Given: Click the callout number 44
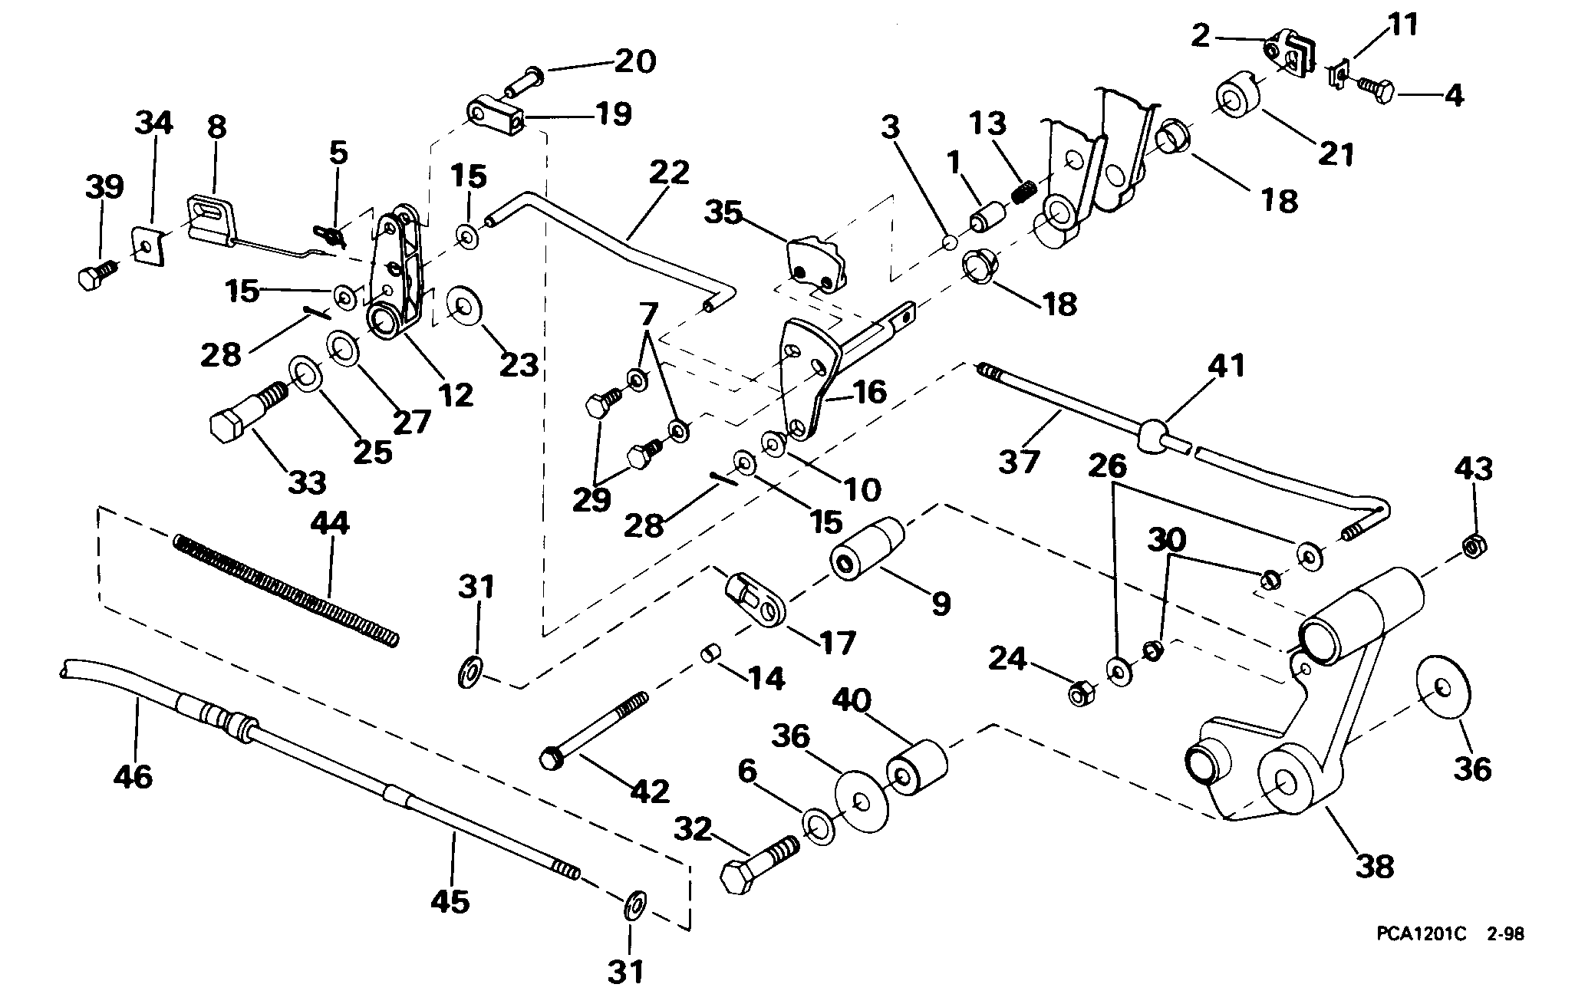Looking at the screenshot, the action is [331, 525].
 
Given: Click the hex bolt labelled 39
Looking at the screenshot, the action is [98, 274].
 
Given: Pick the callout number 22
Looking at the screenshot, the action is [670, 173].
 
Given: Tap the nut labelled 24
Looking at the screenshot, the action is [1082, 693].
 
